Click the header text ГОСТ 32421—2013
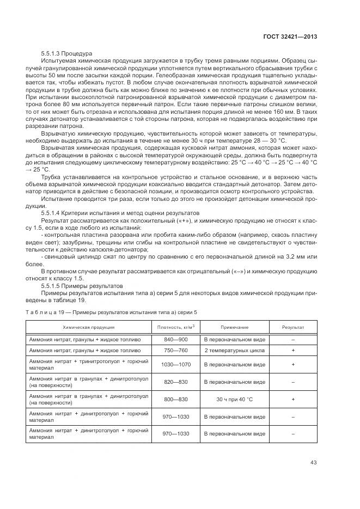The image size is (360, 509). coord(290,37)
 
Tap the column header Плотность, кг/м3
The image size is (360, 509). coord(175,327)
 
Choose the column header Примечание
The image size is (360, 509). coord(235,327)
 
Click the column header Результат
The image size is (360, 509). coord(292,327)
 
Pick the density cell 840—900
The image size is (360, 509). coord(175,339)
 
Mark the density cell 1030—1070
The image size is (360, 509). coord(175,365)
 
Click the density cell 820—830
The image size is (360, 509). coord(175,382)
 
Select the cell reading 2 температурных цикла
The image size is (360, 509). coord(235,350)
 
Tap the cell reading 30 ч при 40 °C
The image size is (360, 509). coord(235,399)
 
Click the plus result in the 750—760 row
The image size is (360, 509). coord(292,350)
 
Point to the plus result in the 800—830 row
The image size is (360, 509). coord(292,399)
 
